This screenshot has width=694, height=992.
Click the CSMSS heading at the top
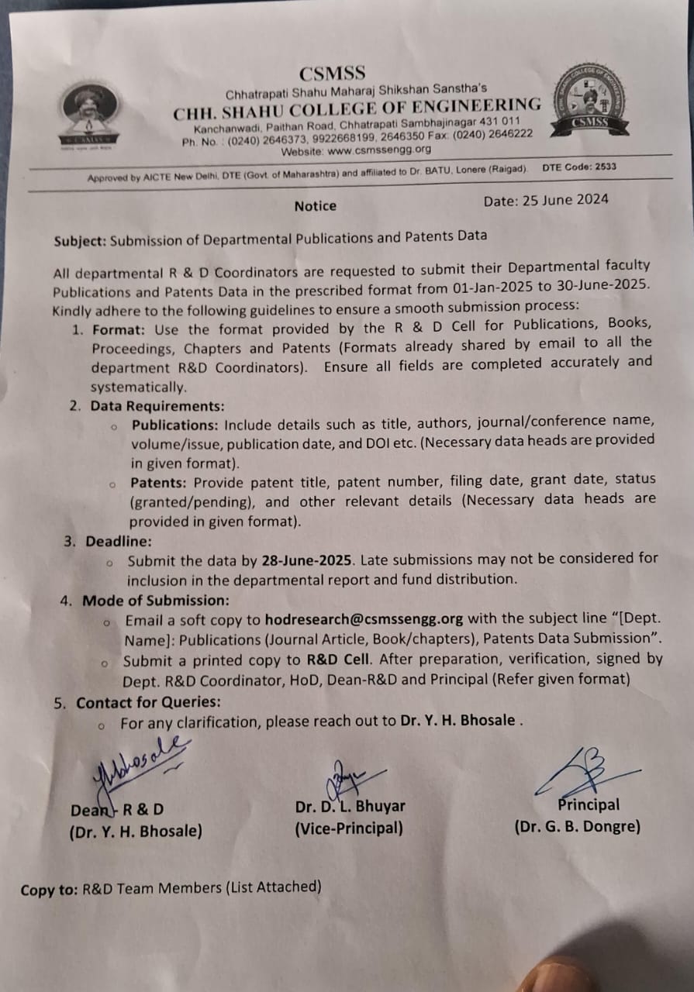click(332, 74)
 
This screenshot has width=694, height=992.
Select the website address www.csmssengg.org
click(379, 150)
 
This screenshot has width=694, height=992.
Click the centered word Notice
click(316, 206)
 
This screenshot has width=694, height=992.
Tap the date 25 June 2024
click(546, 200)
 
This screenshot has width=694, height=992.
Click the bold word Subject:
click(81, 241)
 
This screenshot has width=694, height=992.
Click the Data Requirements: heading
click(157, 406)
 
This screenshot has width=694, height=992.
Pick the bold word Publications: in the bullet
click(175, 425)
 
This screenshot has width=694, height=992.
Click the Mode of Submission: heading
click(156, 601)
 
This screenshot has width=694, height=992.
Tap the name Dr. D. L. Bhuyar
click(350, 807)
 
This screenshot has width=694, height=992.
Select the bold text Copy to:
click(50, 890)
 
